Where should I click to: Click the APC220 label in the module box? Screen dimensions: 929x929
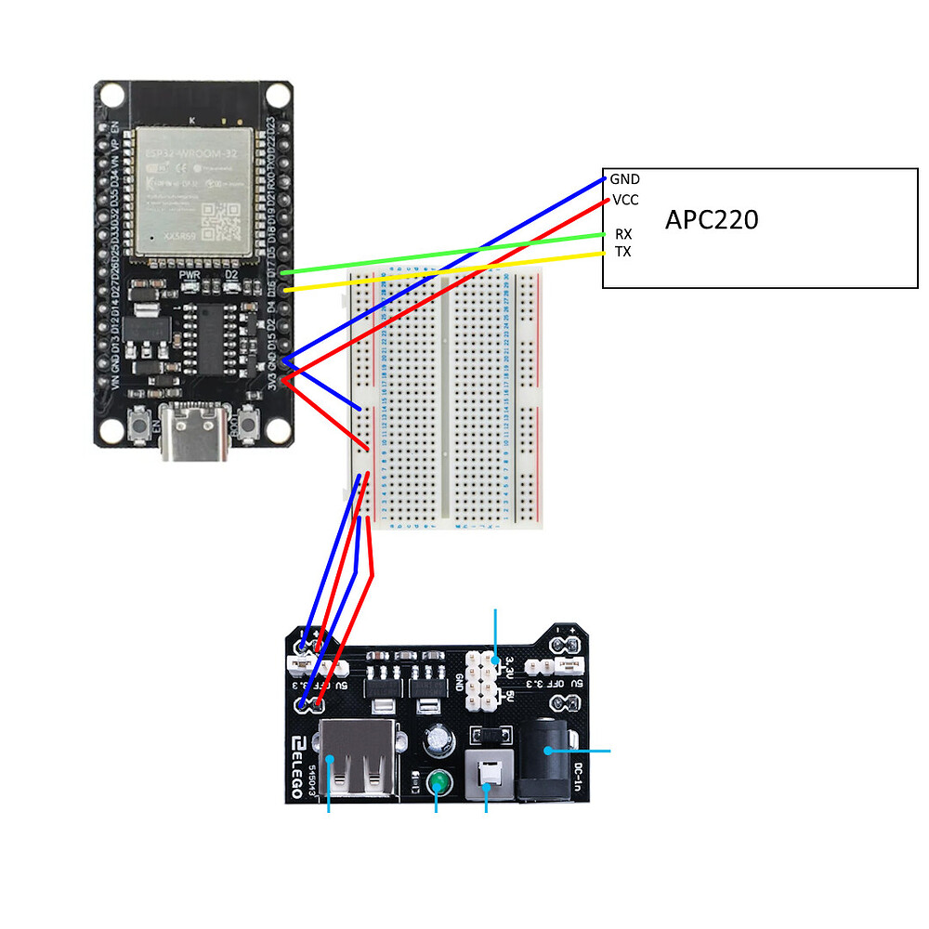click(712, 220)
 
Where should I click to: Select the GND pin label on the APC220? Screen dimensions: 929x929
click(624, 179)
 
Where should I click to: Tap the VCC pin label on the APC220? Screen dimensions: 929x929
click(625, 200)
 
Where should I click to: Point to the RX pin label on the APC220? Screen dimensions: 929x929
click(623, 234)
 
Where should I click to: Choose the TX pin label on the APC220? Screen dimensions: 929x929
click(623, 252)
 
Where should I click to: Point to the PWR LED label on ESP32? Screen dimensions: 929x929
click(190, 276)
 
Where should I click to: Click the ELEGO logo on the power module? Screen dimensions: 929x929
click(300, 766)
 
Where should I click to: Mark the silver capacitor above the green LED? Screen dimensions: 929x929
click(438, 740)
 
